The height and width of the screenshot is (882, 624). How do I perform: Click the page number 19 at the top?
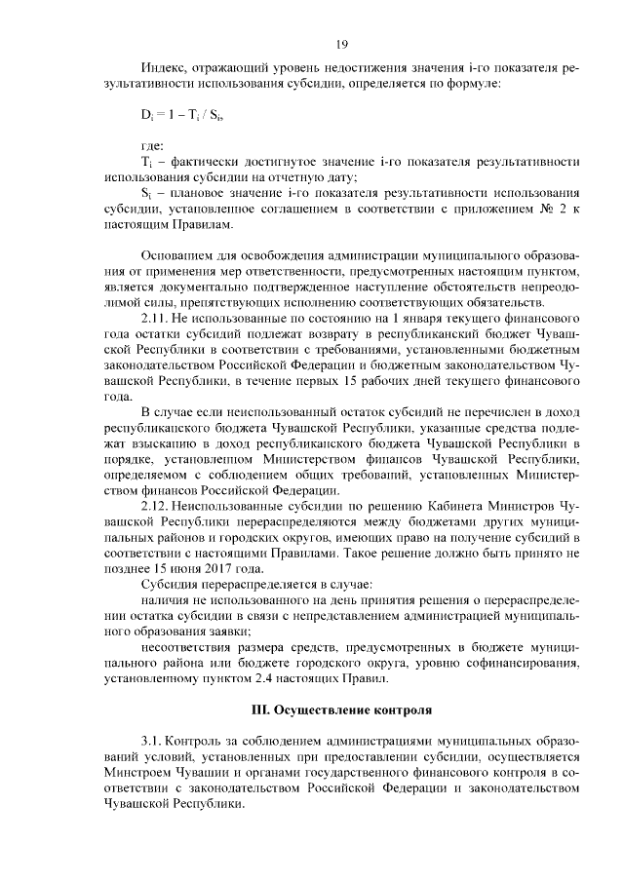tap(341, 44)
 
